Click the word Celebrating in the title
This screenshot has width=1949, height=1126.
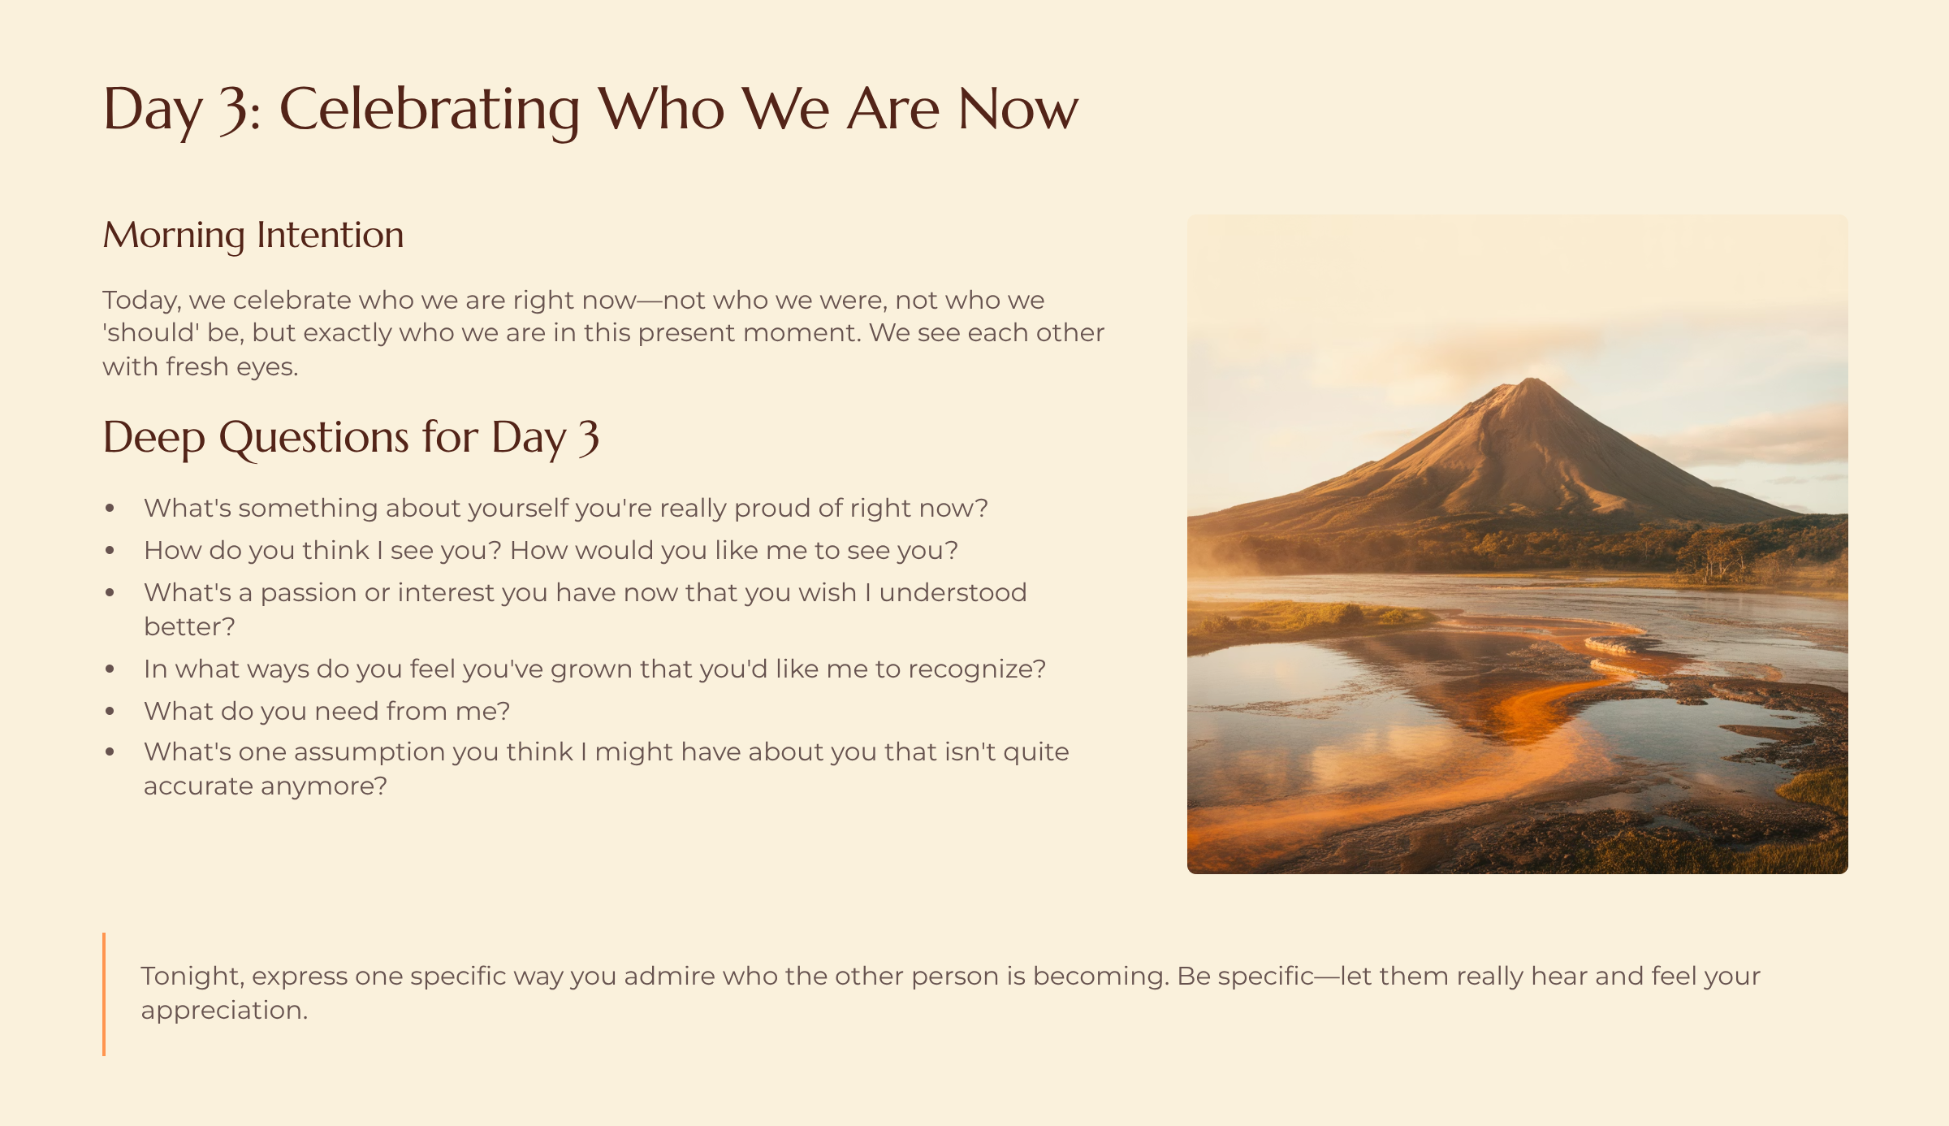point(429,110)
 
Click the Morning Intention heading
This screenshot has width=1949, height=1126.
point(253,236)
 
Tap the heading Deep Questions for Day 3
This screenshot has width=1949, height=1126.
point(351,438)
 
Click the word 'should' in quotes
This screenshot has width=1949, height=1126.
point(151,333)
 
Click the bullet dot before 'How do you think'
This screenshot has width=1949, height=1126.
point(110,551)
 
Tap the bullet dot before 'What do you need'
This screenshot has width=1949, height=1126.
point(110,712)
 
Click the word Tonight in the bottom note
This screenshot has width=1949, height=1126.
point(192,977)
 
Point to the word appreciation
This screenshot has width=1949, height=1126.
point(224,1011)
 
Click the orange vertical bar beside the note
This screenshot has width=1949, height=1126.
point(104,994)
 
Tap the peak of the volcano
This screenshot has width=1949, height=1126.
point(1532,379)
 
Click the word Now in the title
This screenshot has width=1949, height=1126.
point(1018,110)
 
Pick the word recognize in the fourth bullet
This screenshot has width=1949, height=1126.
point(977,669)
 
